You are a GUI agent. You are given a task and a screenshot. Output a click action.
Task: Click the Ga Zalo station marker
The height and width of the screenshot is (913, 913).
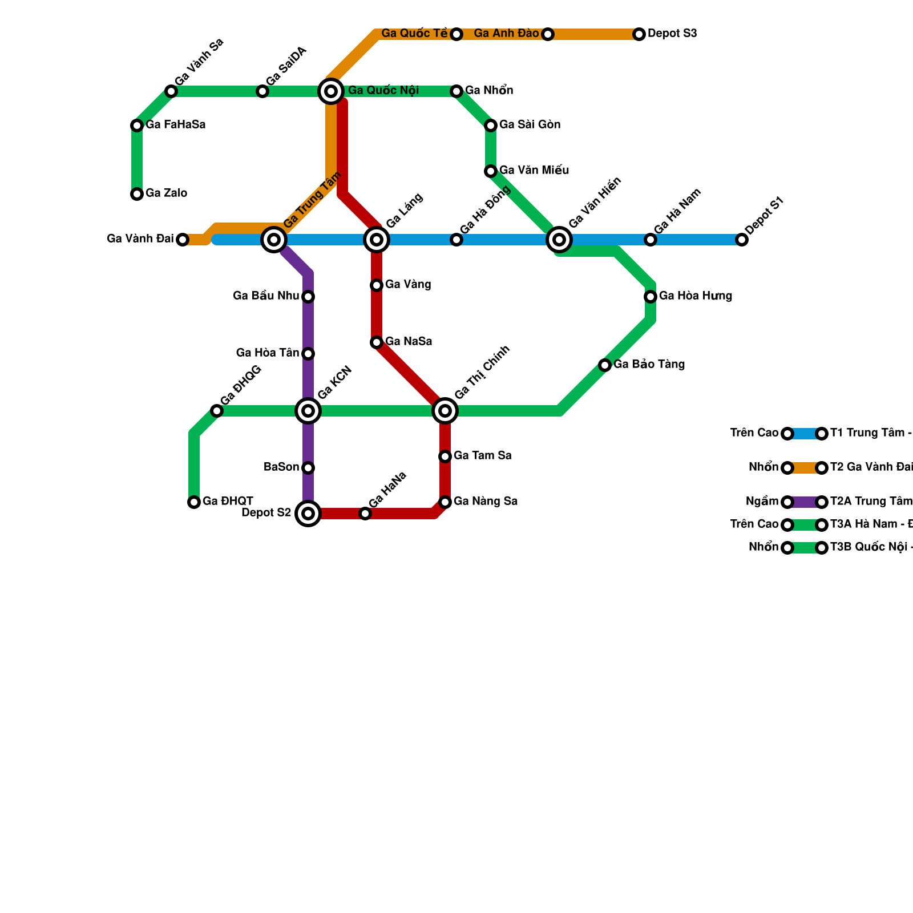pyautogui.click(x=137, y=194)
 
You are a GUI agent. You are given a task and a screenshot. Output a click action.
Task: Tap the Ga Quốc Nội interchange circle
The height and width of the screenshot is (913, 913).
pyautogui.click(x=331, y=91)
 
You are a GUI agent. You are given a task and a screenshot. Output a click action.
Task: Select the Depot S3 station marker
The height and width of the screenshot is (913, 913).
pyautogui.click(x=639, y=34)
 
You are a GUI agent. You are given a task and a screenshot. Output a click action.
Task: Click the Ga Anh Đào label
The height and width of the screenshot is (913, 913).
pyautogui.click(x=506, y=34)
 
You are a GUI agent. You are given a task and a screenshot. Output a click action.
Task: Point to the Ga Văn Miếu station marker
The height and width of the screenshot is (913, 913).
pyautogui.click(x=491, y=171)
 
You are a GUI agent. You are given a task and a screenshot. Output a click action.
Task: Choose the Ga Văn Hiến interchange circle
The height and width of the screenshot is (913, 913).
pyautogui.click(x=559, y=240)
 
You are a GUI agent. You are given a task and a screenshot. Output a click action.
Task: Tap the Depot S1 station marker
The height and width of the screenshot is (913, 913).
pyautogui.click(x=742, y=240)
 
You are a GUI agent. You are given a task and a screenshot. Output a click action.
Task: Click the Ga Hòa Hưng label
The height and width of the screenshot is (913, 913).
pyautogui.click(x=695, y=296)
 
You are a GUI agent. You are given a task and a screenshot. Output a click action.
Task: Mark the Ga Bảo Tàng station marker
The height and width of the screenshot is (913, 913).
pyautogui.click(x=605, y=365)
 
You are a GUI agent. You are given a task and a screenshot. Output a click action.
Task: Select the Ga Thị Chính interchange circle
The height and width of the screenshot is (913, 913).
pyautogui.click(x=445, y=411)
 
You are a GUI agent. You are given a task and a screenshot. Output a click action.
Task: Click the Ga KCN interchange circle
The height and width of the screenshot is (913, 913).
pyautogui.click(x=308, y=411)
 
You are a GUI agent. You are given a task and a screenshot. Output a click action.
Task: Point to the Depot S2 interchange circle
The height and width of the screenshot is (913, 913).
pyautogui.click(x=308, y=514)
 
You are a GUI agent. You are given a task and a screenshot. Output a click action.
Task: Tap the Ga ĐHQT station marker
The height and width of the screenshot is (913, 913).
pyautogui.click(x=194, y=502)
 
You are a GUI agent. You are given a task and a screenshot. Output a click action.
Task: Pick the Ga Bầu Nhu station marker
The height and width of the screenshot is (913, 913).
pyautogui.click(x=308, y=297)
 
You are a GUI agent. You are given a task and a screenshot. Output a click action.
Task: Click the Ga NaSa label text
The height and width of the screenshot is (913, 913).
pyautogui.click(x=409, y=342)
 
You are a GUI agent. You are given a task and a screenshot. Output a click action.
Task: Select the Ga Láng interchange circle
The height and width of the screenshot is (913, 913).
pyautogui.click(x=377, y=240)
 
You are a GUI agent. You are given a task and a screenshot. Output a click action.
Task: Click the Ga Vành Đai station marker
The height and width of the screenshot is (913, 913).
pyautogui.click(x=183, y=240)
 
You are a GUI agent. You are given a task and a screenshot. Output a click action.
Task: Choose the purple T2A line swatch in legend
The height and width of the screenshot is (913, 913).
pyautogui.click(x=805, y=502)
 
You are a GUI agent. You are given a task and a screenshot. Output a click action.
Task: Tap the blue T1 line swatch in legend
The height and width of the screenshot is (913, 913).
pyautogui.click(x=805, y=434)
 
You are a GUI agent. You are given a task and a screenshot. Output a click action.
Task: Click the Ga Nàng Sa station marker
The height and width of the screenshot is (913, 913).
pyautogui.click(x=445, y=502)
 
